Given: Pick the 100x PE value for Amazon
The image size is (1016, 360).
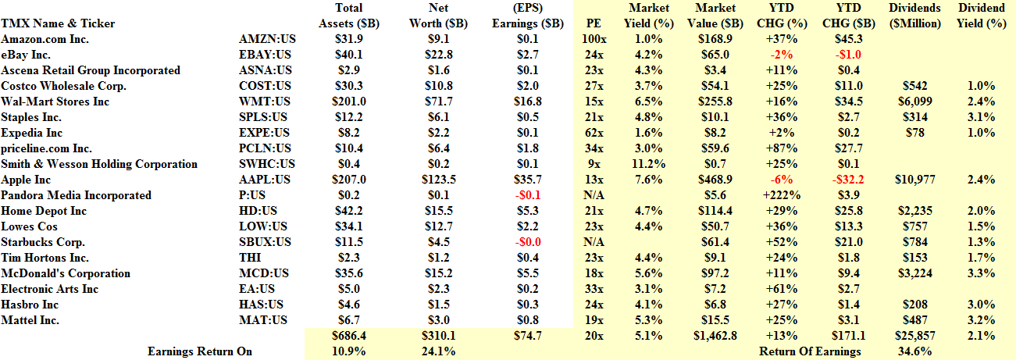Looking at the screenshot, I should click(x=594, y=39).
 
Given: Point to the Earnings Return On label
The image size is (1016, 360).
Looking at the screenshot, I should click(x=200, y=351).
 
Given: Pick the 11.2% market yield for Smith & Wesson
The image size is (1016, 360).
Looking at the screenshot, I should click(x=648, y=164).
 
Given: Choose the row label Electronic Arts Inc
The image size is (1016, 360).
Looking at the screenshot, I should click(x=50, y=289).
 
